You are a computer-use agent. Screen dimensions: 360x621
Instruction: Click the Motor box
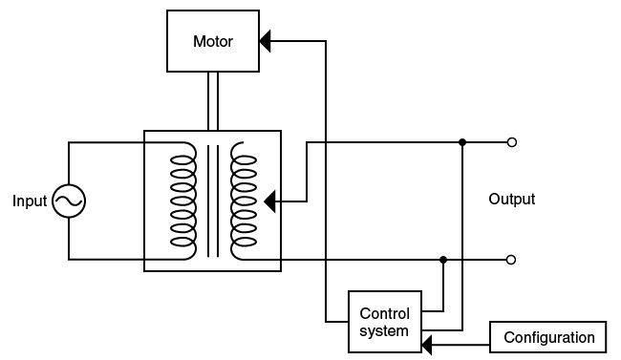[x=212, y=41]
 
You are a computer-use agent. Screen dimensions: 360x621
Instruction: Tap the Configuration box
[x=548, y=337]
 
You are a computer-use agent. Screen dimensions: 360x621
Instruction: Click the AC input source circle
[x=69, y=201]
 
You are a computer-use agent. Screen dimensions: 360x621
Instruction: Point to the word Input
[x=29, y=201]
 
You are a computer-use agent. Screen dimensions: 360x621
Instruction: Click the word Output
[x=511, y=200]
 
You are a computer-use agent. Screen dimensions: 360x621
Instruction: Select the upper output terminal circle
[x=512, y=142]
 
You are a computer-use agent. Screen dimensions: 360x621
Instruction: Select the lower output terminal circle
[x=512, y=259]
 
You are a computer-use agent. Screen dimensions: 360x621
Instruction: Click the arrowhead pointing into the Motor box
[x=266, y=41]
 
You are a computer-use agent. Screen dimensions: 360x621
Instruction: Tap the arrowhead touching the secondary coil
[x=269, y=201]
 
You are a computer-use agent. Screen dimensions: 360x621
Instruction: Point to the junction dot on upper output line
[x=462, y=142]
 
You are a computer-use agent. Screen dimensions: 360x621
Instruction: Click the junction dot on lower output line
[x=443, y=259]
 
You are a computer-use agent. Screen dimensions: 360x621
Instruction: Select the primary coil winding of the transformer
[x=182, y=201]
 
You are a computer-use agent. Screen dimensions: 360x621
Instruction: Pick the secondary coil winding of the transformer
[x=244, y=201]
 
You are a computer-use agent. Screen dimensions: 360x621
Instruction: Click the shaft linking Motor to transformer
[x=212, y=100]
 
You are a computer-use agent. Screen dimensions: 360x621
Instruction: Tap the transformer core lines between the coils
[x=212, y=201]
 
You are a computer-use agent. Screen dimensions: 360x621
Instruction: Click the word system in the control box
[x=384, y=331]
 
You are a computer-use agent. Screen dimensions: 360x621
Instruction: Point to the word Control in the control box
[x=384, y=313]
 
